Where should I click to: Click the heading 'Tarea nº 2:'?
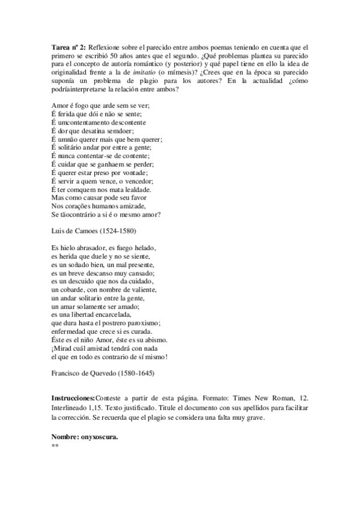coord(70,47)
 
